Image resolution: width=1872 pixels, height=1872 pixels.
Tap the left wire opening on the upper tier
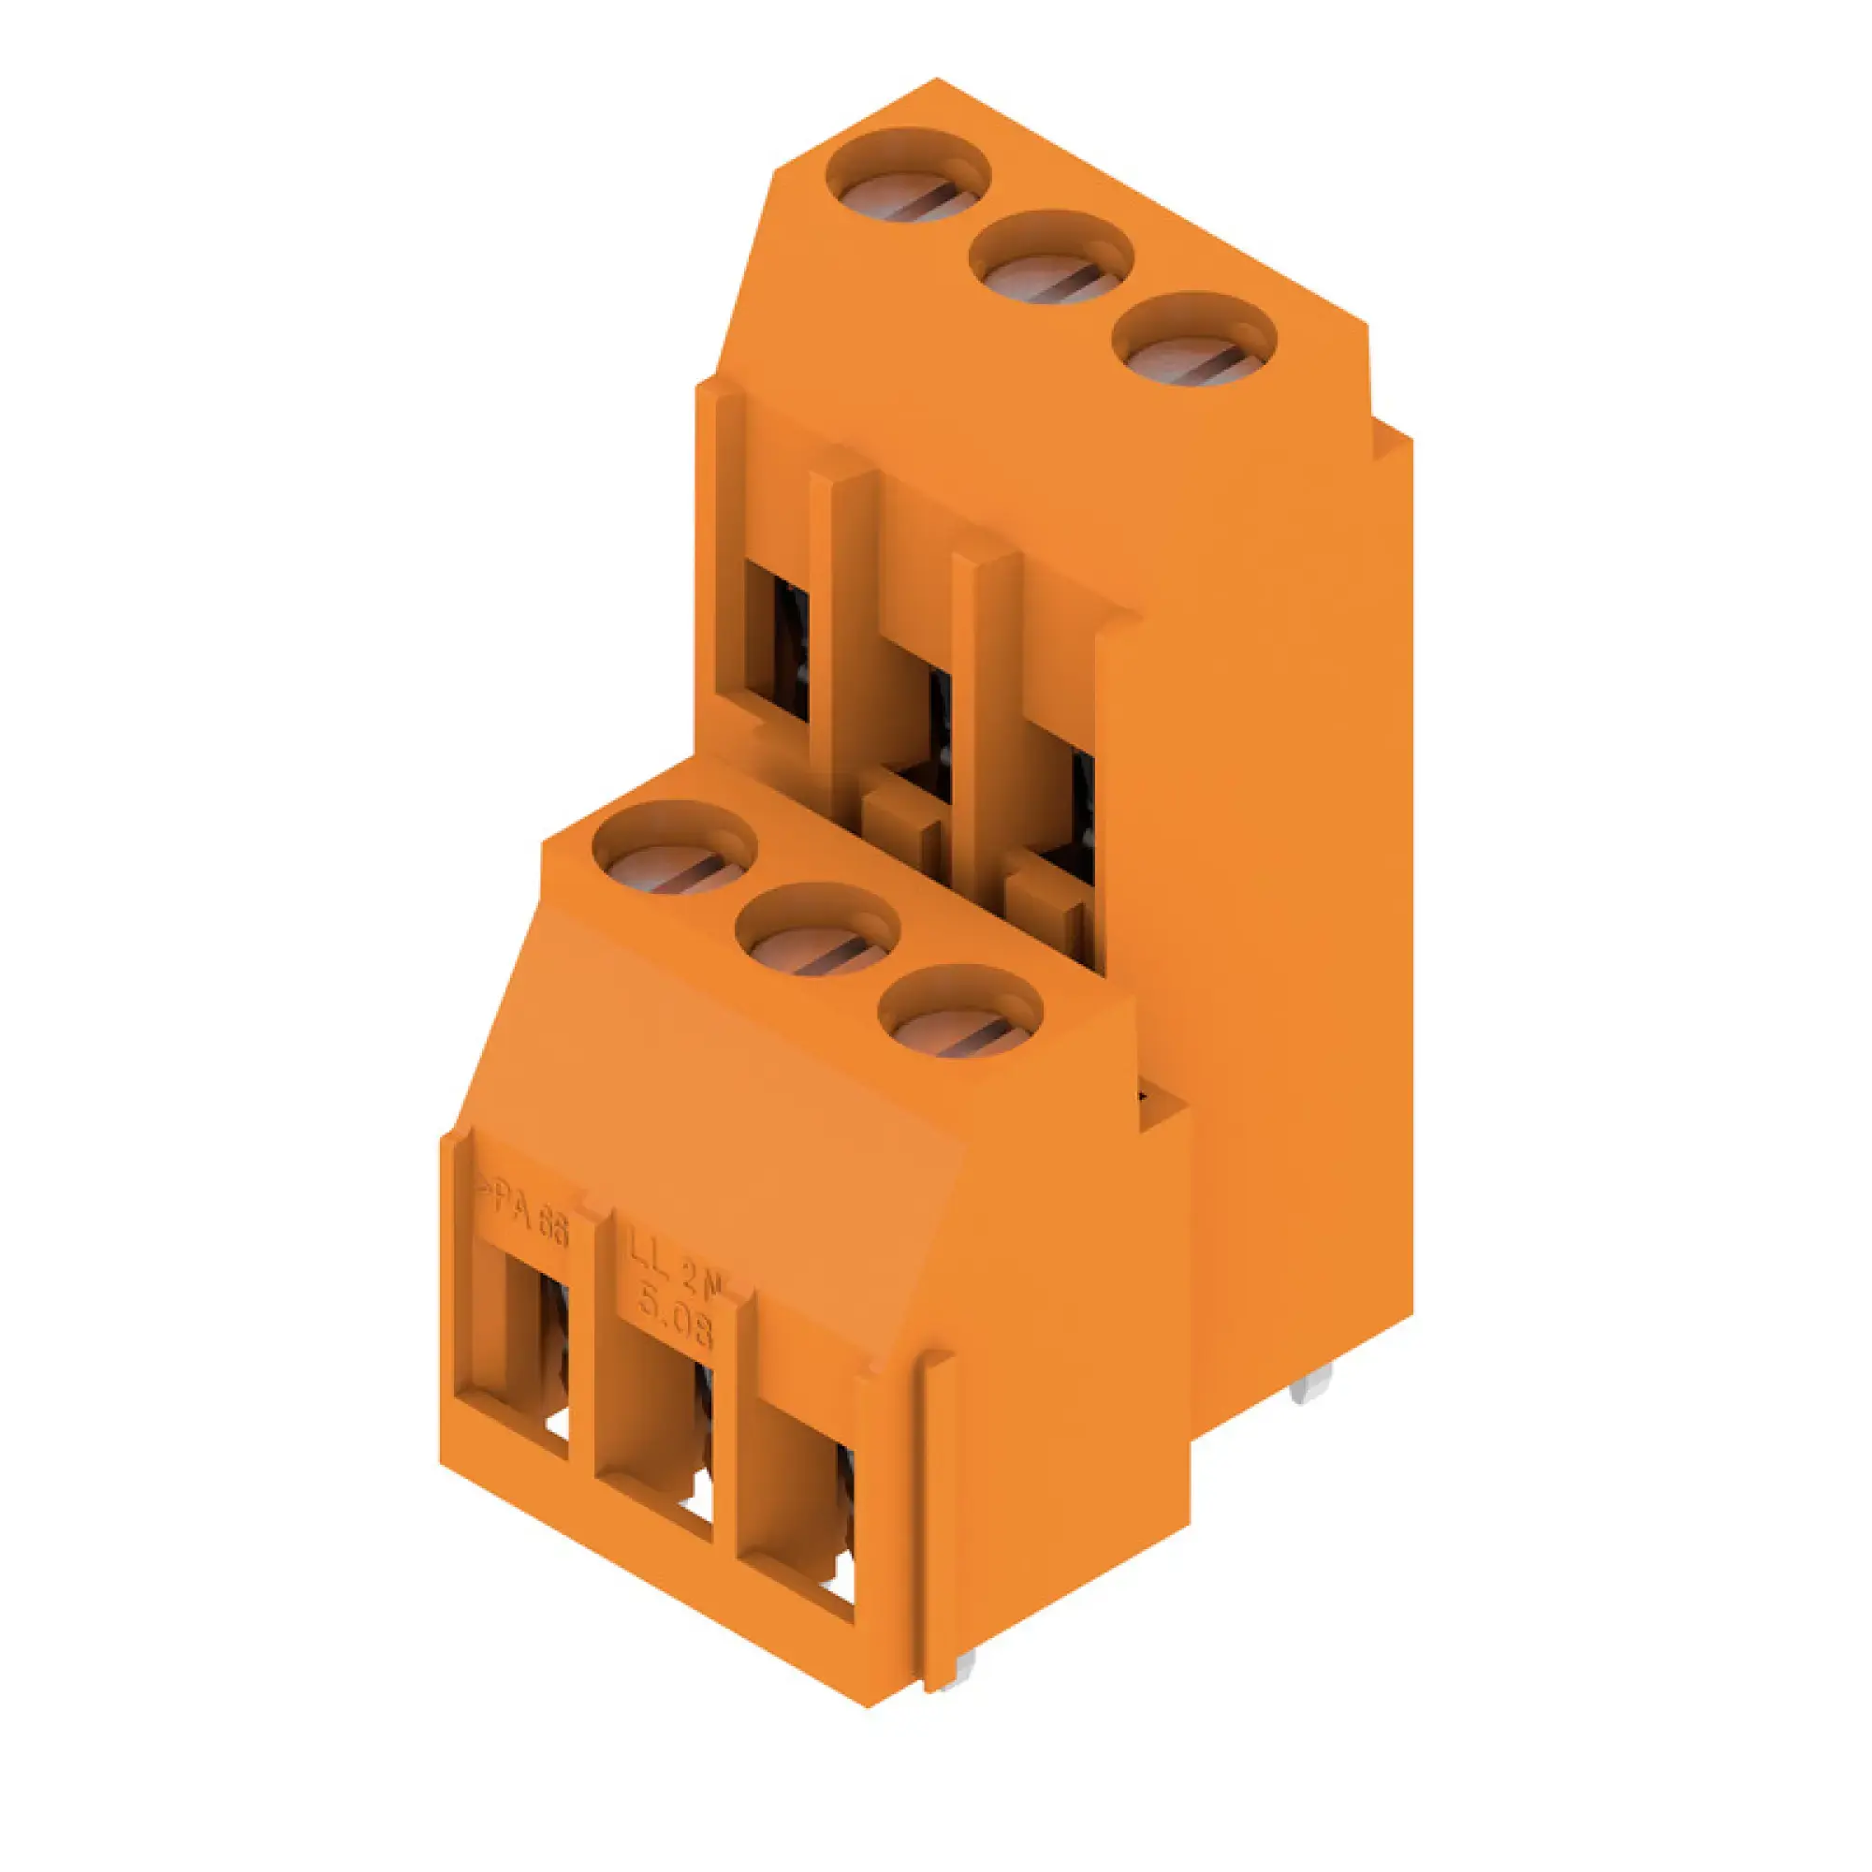coord(781,639)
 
